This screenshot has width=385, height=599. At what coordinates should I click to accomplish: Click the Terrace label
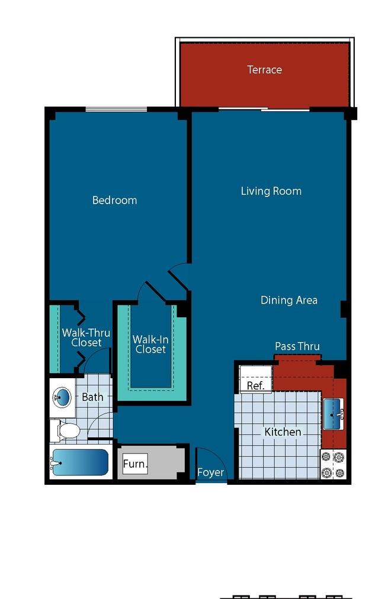[x=264, y=69]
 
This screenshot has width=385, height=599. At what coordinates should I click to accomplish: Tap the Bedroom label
[x=115, y=200]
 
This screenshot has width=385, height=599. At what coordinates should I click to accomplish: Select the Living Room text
[x=271, y=191]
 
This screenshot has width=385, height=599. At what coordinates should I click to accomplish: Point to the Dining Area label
[x=288, y=300]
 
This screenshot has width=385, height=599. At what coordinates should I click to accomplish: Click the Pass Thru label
[x=297, y=346]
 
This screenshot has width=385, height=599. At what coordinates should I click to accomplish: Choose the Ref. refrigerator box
[x=255, y=379]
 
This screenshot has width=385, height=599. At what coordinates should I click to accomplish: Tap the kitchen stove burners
[x=333, y=464]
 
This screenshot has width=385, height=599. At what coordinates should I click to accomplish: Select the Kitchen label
[x=283, y=432]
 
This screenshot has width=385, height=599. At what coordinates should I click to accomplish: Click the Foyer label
[x=210, y=472]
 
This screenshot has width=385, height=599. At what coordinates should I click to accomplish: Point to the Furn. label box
[x=135, y=464]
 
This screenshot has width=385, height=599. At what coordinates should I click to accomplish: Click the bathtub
[x=81, y=462]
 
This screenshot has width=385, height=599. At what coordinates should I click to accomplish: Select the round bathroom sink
[x=62, y=397]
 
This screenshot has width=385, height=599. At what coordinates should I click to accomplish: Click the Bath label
[x=92, y=397]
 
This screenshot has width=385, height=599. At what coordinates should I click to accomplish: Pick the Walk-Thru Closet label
[x=86, y=337]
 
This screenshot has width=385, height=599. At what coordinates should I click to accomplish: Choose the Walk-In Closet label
[x=150, y=344]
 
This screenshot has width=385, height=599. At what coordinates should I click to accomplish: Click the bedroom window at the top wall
[x=116, y=110]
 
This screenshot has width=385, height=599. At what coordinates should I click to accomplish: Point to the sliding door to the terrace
[x=264, y=110]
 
